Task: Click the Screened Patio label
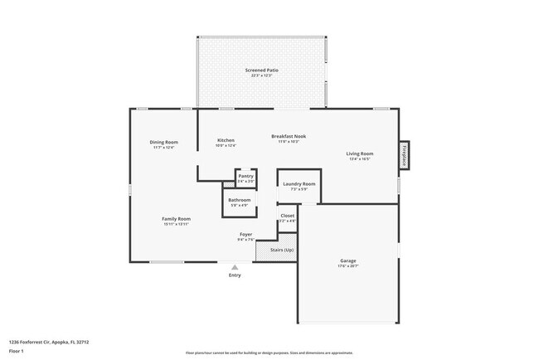261,71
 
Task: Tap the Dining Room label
164,142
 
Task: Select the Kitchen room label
226,140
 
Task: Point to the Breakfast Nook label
289,136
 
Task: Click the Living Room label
359,153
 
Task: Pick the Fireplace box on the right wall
405,156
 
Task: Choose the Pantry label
245,176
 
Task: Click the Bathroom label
240,200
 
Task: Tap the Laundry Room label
299,183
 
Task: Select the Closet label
287,216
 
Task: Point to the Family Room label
176,219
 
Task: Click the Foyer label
246,235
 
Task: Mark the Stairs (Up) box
276,250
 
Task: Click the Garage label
348,260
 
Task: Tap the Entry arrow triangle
235,267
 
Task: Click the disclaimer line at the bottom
269,353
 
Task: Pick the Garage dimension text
348,266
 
